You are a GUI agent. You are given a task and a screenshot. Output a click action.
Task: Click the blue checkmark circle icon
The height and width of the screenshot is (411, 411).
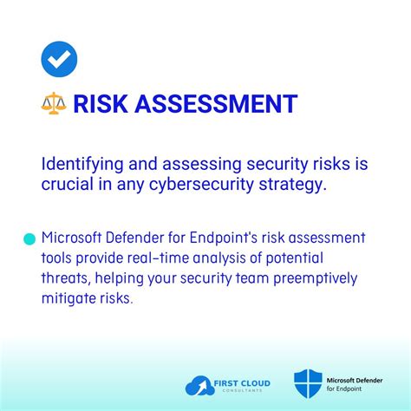click(x=59, y=58)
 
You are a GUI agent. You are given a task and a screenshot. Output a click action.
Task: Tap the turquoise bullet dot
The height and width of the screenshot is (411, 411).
click(x=29, y=238)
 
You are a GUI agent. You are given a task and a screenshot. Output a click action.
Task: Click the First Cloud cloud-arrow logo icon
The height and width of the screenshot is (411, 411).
click(x=199, y=385)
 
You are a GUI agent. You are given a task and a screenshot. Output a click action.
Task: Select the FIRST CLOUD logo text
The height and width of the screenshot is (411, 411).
click(x=244, y=382)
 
